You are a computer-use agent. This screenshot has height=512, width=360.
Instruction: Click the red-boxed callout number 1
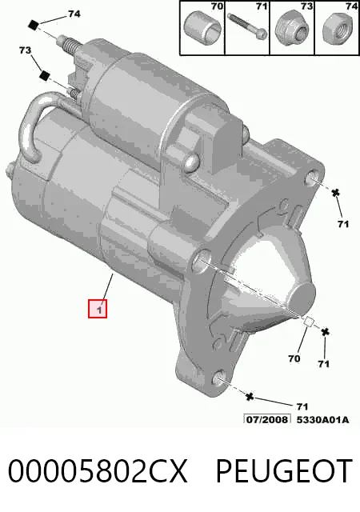(98, 308)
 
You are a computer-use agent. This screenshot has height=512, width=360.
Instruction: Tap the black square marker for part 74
(34, 25)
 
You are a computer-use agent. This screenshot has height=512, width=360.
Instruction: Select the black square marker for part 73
(44, 76)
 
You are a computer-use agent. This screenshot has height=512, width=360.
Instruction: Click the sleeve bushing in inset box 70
(202, 27)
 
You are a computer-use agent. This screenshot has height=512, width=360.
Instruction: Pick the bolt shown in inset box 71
(247, 26)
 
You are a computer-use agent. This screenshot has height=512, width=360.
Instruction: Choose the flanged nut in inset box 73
(292, 30)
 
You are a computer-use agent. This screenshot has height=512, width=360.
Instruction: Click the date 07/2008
(267, 419)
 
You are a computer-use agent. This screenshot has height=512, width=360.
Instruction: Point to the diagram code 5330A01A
(322, 419)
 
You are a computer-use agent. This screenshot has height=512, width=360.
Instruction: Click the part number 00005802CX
(98, 471)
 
